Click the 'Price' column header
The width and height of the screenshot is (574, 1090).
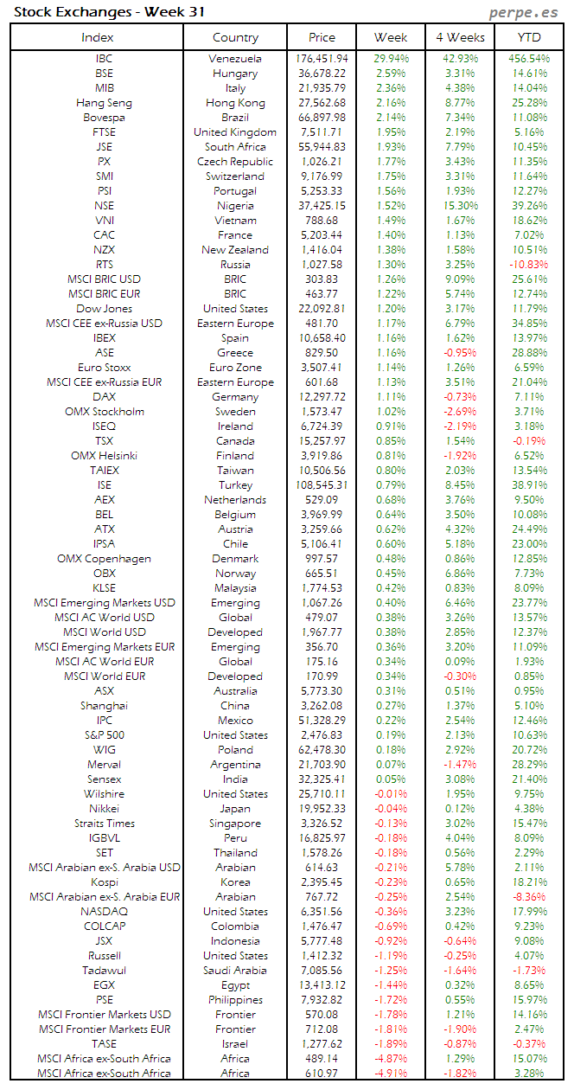pyautogui.click(x=322, y=37)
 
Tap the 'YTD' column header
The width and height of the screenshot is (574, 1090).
pyautogui.click(x=529, y=37)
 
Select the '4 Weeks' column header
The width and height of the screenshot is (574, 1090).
pyautogui.click(x=460, y=37)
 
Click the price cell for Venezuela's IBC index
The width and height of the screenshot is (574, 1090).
pyautogui.click(x=322, y=59)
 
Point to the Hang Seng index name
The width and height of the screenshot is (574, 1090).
pyautogui.click(x=104, y=103)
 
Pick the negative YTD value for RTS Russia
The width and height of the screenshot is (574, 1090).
pyautogui.click(x=528, y=265)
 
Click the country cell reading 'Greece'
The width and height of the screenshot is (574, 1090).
pyautogui.click(x=235, y=353)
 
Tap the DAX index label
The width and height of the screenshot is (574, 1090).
pyautogui.click(x=104, y=397)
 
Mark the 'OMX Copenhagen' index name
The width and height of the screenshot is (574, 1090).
pyautogui.click(x=104, y=559)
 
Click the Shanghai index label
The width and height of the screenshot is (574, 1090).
pyautogui.click(x=104, y=706)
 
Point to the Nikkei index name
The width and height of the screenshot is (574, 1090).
pyautogui.click(x=104, y=809)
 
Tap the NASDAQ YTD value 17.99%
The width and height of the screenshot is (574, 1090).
pyautogui.click(x=528, y=912)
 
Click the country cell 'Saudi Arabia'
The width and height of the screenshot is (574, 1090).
pyautogui.click(x=235, y=971)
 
